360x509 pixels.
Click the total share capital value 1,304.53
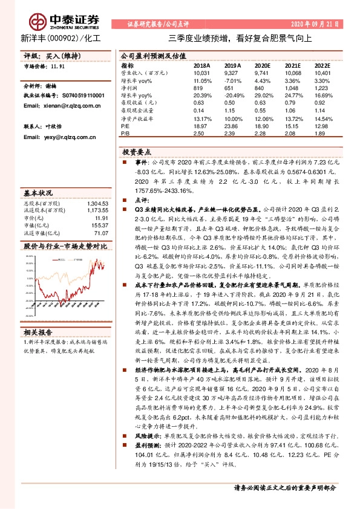click(97, 204)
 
